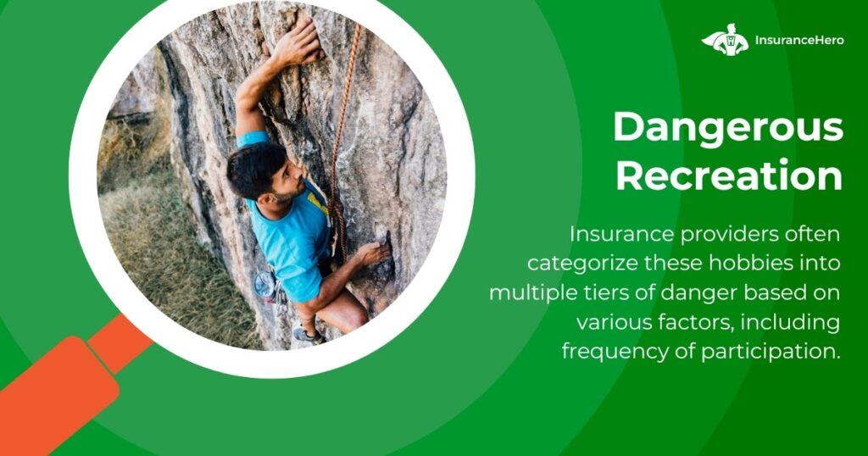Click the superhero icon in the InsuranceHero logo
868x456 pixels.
coord(725,39)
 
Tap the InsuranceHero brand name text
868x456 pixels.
coord(799,40)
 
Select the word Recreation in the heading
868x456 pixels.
coord(729,175)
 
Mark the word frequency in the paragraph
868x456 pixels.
coord(615,352)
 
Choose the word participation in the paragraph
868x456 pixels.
coord(771,352)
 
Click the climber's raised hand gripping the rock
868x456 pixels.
coord(300,42)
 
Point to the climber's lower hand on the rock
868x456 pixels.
coord(374,254)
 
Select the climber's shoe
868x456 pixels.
coord(308,334)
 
